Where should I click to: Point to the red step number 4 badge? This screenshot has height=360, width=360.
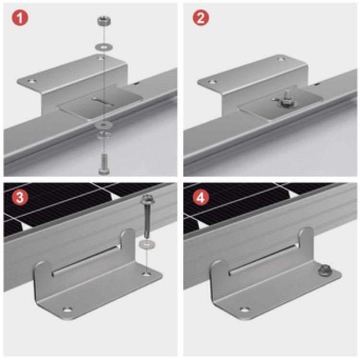pyautogui.click(x=199, y=198)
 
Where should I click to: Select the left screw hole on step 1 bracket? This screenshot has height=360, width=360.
pyautogui.click(x=31, y=82)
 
